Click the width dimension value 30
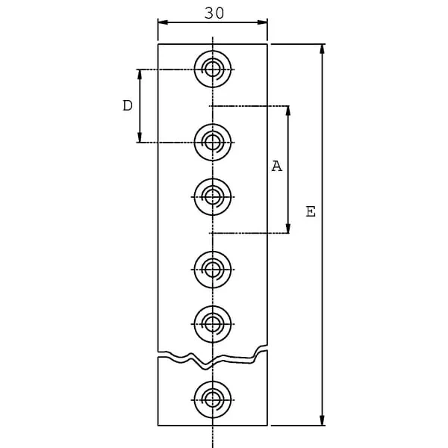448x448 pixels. pos(214,13)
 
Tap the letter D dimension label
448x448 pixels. pos(128,105)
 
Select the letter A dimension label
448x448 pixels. pos(276,166)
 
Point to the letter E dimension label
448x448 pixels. pos(311,211)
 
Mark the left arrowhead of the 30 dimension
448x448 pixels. pos(163,22)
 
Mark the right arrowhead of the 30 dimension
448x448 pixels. pos(262,22)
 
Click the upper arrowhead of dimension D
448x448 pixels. pos(140,74)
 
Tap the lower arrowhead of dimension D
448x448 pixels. pos(140,137)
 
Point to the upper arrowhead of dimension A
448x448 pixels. pos(288,111)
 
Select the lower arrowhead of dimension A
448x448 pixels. pos(288,228)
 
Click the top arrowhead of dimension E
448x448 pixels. pos(322,49)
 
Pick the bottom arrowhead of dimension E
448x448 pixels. pos(322,420)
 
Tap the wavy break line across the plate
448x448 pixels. pos(213,361)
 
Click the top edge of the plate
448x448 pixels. pos(213,44)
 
